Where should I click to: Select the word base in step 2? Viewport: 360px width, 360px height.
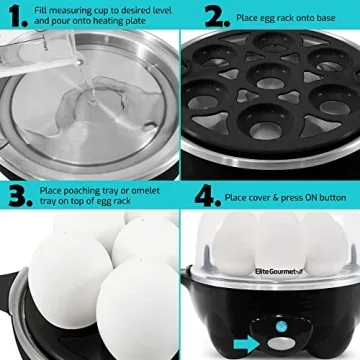pyautogui.click(x=332, y=16)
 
